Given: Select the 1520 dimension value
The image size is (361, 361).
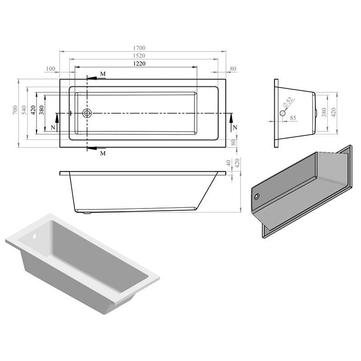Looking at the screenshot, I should coord(140,56).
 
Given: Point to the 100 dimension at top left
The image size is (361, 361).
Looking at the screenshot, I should coord(50,69).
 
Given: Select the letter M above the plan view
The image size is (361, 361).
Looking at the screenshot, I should coord(103,74).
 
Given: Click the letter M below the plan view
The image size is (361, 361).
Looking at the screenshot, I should coord(103,153).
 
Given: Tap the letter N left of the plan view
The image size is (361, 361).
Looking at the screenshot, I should coord(53,128).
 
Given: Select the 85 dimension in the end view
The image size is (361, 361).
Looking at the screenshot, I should coord(293,118).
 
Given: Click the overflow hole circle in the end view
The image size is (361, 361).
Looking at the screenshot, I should coord(283,113).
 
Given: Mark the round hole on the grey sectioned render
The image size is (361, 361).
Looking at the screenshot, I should coord(257,197).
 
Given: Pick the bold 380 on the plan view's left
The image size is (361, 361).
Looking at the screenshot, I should coord(42,111).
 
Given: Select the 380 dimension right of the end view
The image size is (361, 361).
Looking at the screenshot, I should coord(324,112).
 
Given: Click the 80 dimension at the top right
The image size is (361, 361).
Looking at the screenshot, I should coord(233,69).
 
